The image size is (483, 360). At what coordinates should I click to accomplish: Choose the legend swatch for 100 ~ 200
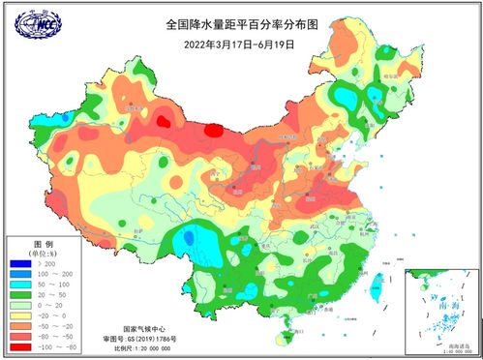point(21,274)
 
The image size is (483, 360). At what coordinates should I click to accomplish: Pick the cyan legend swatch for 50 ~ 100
point(21,285)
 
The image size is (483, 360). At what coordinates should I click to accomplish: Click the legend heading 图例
point(44,243)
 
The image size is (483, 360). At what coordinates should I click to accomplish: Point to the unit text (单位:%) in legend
point(44,253)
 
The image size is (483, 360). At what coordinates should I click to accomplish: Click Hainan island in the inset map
point(413,286)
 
